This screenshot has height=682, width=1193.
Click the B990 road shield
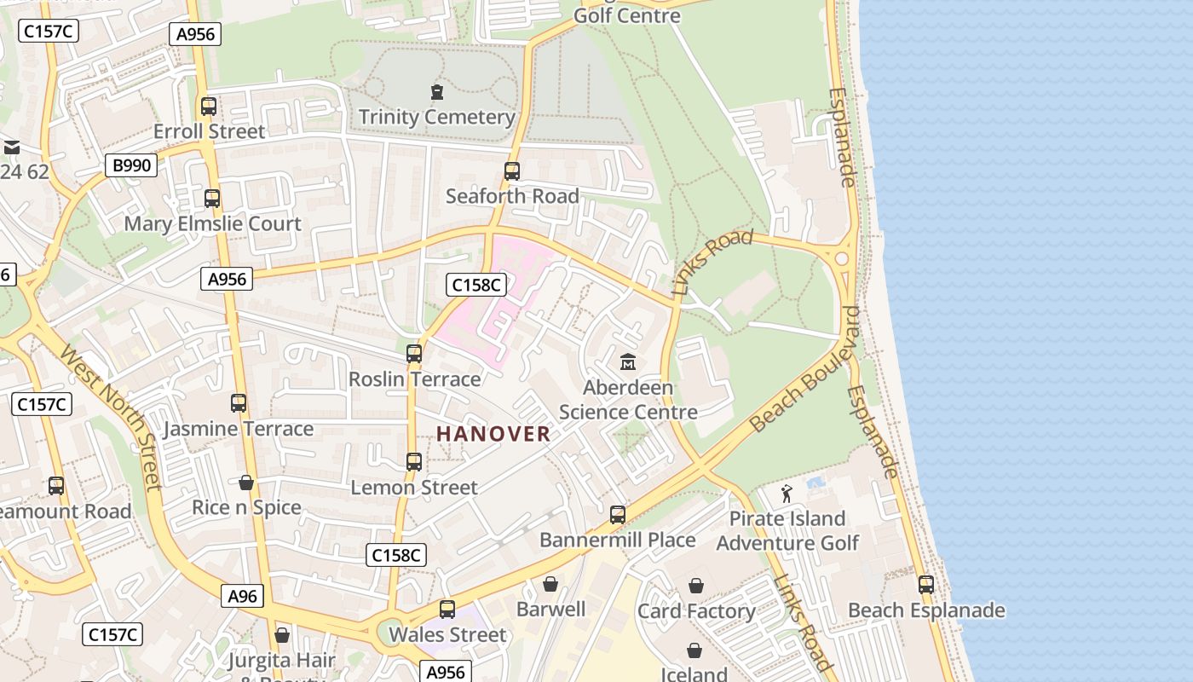(x=131, y=165)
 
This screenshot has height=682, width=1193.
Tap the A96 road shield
(x=242, y=596)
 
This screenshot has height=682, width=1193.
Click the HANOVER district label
(x=493, y=434)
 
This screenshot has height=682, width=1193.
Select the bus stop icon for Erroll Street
(x=209, y=107)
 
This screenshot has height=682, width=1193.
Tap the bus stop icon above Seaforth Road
(x=512, y=171)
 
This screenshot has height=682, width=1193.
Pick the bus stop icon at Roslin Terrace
(x=414, y=353)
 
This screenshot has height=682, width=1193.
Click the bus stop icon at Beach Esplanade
(x=926, y=585)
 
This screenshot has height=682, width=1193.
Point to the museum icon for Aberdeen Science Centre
(x=628, y=362)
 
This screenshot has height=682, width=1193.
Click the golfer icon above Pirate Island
(x=787, y=494)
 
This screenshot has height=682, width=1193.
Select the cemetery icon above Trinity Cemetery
(x=437, y=91)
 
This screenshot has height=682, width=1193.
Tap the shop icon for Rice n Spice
(x=246, y=483)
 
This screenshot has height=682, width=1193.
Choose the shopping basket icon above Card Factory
(x=696, y=586)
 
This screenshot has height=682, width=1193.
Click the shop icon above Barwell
(x=550, y=584)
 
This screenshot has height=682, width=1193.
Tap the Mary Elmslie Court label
(x=213, y=223)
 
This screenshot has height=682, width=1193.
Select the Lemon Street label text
(x=414, y=488)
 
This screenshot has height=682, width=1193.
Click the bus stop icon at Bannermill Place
(x=618, y=515)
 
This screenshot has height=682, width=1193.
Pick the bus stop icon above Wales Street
(x=447, y=610)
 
